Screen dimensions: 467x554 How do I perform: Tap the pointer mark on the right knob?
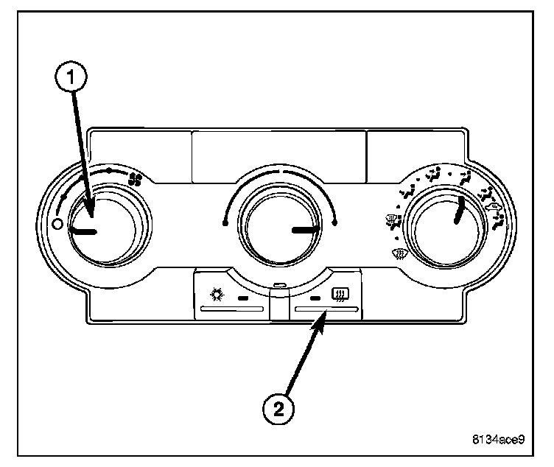click(458, 210)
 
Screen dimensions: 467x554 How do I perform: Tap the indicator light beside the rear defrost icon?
click(316, 299)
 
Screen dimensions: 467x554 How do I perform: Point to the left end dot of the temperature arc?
click(224, 222)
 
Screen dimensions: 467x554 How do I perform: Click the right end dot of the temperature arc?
click(334, 222)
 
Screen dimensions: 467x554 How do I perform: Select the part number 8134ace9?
click(499, 441)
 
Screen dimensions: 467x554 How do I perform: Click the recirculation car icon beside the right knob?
click(496, 208)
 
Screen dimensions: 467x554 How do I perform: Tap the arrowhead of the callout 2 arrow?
click(323, 316)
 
